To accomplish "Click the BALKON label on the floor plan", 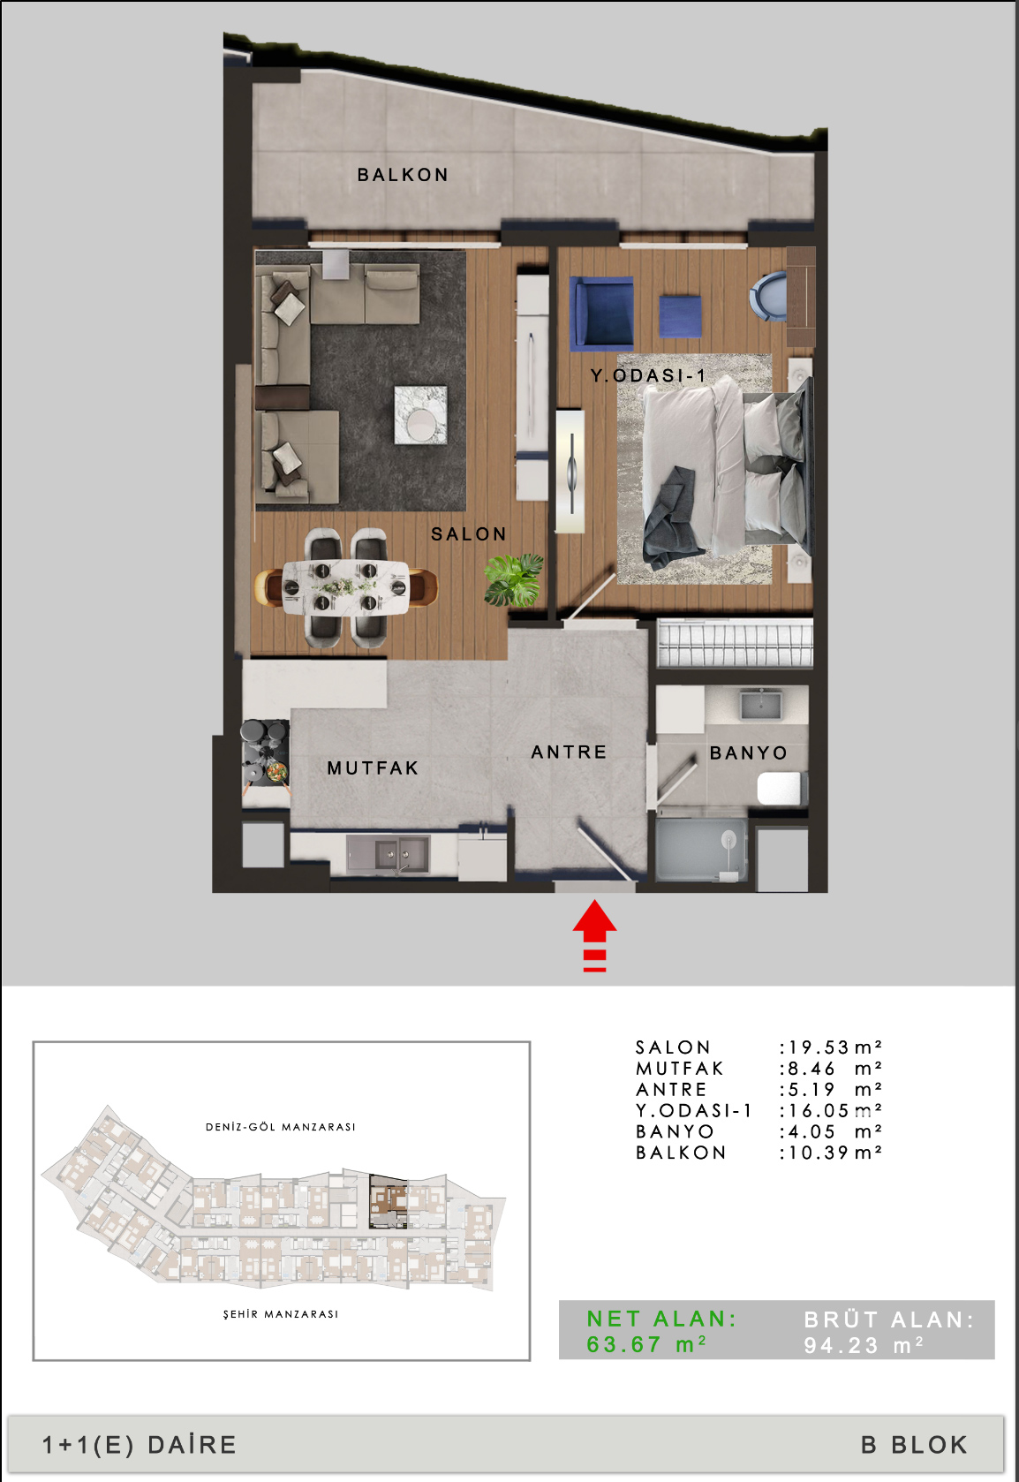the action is (x=403, y=175).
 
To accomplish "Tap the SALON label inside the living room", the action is (x=469, y=534).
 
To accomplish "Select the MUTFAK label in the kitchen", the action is (x=373, y=768).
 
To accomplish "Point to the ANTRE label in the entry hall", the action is (x=569, y=752).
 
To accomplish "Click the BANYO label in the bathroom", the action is (x=749, y=752).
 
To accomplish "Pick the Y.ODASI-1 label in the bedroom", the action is (x=648, y=375).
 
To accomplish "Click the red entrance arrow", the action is (x=594, y=934).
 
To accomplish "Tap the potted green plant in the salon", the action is (x=513, y=580).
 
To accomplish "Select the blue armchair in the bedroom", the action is (x=601, y=313).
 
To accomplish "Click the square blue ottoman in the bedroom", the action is (x=681, y=316).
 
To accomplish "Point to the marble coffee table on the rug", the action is (x=420, y=415).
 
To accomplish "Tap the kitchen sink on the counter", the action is (x=389, y=853).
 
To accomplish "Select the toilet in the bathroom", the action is (x=782, y=788).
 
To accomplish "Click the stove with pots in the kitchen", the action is (x=266, y=752).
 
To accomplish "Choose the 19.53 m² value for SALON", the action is (x=830, y=1047).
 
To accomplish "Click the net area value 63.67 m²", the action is (x=646, y=1344).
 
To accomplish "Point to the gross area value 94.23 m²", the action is (x=863, y=1345).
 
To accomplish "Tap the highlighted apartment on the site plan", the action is (x=389, y=1201).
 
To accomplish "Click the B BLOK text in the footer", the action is (x=914, y=1445).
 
